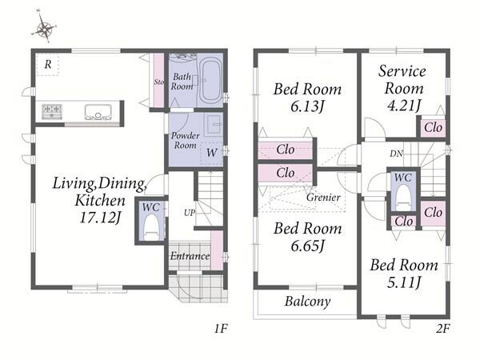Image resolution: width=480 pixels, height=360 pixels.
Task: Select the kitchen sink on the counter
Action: point(98,112)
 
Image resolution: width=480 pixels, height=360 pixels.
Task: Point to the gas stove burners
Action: point(52,111)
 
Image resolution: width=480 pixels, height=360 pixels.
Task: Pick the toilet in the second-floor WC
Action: point(403,197)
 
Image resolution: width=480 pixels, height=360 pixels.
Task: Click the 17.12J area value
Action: point(100,218)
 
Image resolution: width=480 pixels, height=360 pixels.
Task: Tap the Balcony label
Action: point(308,302)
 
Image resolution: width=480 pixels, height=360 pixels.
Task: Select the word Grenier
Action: point(323,198)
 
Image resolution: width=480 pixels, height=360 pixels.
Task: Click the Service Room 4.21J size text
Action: point(403,106)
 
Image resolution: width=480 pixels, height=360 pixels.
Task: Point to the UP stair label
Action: point(189,213)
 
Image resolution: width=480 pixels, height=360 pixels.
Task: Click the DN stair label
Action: point(397,154)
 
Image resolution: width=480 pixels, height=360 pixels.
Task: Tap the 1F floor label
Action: point(221,329)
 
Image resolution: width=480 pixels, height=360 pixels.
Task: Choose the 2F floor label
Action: point(442,329)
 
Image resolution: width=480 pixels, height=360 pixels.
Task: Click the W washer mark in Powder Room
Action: point(211,153)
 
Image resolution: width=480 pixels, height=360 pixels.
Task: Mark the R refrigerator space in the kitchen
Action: point(47,65)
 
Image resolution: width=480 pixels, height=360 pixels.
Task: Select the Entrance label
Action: point(190,256)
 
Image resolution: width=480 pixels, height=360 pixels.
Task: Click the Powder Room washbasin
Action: point(214,125)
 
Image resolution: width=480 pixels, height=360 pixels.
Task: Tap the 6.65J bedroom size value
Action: point(307,246)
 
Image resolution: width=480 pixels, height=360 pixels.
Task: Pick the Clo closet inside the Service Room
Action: point(433,127)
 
